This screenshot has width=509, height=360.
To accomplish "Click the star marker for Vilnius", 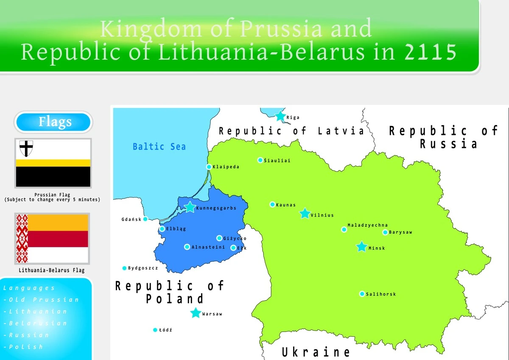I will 305,214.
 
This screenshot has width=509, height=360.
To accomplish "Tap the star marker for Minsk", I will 361,247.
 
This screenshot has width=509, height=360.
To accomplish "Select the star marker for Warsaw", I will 196,313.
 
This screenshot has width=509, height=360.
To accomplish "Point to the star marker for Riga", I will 280,116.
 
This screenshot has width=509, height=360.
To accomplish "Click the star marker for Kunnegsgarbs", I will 190,207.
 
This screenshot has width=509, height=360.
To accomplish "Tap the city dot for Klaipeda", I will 209,167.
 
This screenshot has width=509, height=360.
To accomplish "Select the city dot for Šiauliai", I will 260,160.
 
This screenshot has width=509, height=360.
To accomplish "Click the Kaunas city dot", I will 272,204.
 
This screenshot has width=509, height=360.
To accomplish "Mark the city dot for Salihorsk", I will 362,294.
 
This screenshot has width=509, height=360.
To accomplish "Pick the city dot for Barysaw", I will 385,232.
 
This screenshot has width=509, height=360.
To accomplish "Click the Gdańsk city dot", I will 145,219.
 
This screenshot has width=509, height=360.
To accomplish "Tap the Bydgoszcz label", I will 143,268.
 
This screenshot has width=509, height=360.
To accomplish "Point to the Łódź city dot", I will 155,330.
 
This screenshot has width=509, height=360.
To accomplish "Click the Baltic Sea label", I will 159,147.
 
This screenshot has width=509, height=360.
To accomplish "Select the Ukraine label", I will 316,352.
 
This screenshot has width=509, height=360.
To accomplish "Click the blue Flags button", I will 53,123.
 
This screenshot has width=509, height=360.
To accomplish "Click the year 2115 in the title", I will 431,52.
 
